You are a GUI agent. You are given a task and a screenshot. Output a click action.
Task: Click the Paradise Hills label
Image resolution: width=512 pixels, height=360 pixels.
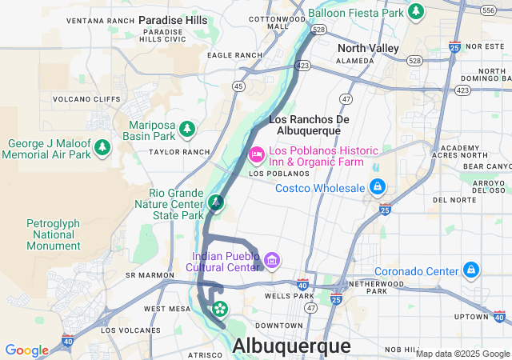click(173, 19)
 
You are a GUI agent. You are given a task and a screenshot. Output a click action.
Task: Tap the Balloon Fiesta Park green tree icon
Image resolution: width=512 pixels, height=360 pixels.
click(415, 11)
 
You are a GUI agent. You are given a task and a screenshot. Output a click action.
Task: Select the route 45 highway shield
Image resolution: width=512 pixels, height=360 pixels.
click(238, 86)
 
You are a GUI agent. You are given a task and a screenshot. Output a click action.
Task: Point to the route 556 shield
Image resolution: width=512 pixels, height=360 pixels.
click(488, 10)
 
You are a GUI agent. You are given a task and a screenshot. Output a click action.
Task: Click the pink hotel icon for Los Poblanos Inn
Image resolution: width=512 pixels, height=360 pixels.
click(257, 152)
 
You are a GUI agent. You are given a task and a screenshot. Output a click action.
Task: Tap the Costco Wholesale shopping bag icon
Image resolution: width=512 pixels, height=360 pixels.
click(377, 188)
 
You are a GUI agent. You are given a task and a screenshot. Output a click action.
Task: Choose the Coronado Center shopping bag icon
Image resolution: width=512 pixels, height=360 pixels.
click(472, 269)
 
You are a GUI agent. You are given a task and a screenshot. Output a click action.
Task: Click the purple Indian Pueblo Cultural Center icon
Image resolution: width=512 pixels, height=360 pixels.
click(271, 260)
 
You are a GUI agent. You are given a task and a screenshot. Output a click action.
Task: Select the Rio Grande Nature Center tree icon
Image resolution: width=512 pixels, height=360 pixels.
click(215, 203)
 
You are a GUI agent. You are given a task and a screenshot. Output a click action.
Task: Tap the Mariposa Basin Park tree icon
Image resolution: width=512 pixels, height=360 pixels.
click(187, 128)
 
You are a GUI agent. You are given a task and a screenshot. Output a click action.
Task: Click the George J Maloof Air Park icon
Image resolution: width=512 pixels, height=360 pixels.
click(102, 148)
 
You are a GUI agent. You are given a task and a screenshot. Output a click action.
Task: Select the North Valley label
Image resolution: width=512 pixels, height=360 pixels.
click(373, 48)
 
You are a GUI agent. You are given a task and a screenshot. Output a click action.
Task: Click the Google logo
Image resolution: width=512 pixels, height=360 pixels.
click(26, 350)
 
